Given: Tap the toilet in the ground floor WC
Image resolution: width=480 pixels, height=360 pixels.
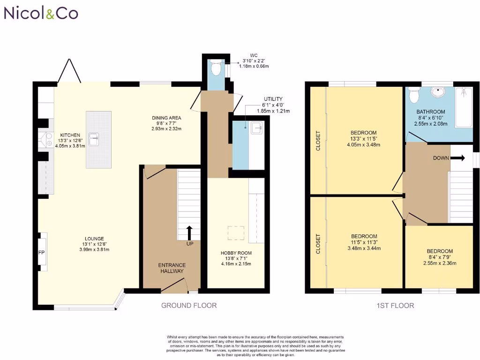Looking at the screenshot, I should [x=216, y=69].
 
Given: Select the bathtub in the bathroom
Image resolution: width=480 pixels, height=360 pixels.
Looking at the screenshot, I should [x=465, y=107].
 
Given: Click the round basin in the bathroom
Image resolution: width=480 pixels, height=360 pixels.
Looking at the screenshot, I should [x=437, y=92].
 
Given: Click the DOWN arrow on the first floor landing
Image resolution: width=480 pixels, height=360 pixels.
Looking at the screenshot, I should [x=458, y=158].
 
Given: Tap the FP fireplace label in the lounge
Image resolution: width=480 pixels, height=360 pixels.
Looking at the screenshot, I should [x=41, y=252].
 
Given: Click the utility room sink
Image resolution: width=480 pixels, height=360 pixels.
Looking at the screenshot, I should [x=256, y=127].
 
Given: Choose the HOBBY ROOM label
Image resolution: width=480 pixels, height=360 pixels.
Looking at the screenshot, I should [x=233, y=253].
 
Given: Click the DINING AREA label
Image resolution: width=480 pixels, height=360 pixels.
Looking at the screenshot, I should [x=166, y=118].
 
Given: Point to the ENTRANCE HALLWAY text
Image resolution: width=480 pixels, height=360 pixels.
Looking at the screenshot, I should [x=171, y=268].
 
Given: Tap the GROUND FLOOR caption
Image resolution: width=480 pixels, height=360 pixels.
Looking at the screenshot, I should [x=189, y=306].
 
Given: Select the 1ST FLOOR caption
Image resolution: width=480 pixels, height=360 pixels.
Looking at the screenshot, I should [x=395, y=306].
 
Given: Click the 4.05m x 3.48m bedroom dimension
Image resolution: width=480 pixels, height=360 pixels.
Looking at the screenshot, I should [x=364, y=145].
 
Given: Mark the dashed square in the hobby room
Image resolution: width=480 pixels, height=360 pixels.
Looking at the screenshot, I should [x=236, y=233].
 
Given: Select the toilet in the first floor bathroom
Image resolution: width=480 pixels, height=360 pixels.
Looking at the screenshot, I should [x=414, y=96].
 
